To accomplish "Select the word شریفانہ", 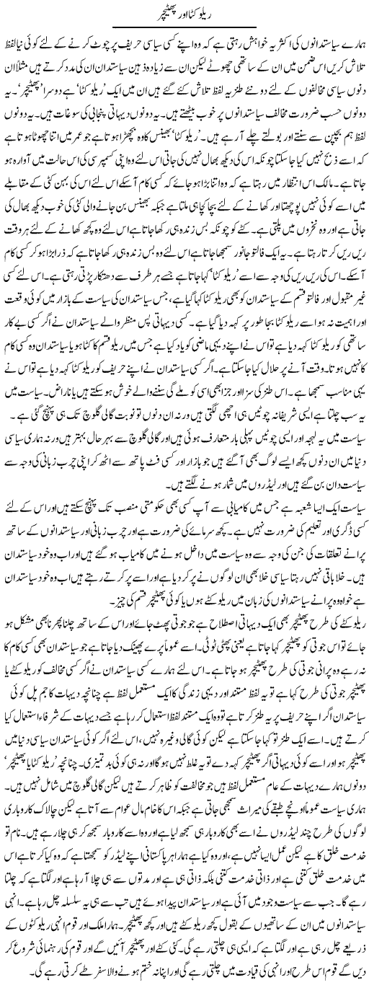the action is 293,453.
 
